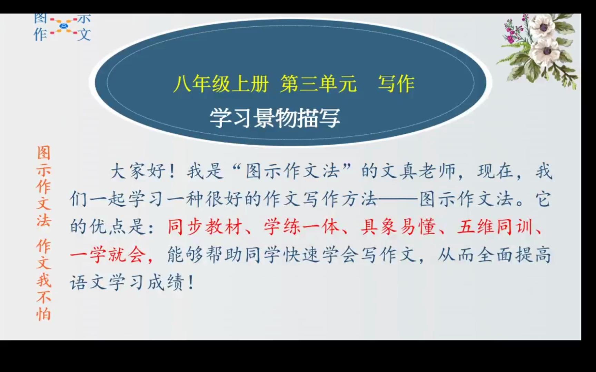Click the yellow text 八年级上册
pyautogui.click(x=221, y=84)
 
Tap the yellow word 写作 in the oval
pyautogui.click(x=396, y=84)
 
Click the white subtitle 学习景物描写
pyautogui.click(x=275, y=118)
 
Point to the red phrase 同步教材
pyautogui.click(x=205, y=227)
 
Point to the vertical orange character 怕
pyautogui.click(x=44, y=314)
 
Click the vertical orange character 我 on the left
pyautogui.click(x=44, y=280)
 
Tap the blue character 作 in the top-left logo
pyautogui.click(x=40, y=34)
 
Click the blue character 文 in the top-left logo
pyautogui.click(x=84, y=34)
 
